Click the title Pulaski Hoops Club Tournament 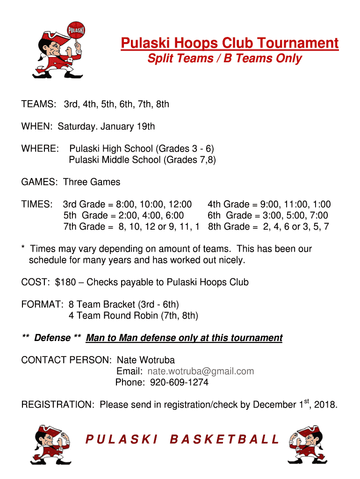(230, 44)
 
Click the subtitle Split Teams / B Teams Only (224, 58)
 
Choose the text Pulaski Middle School (115, 160)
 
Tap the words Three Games (92, 182)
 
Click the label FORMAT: (43, 305)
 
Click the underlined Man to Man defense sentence (184, 338)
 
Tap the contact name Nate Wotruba (145, 360)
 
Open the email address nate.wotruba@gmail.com (201, 371)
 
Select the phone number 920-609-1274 (179, 383)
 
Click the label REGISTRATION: (58, 405)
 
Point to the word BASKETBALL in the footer (224, 440)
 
